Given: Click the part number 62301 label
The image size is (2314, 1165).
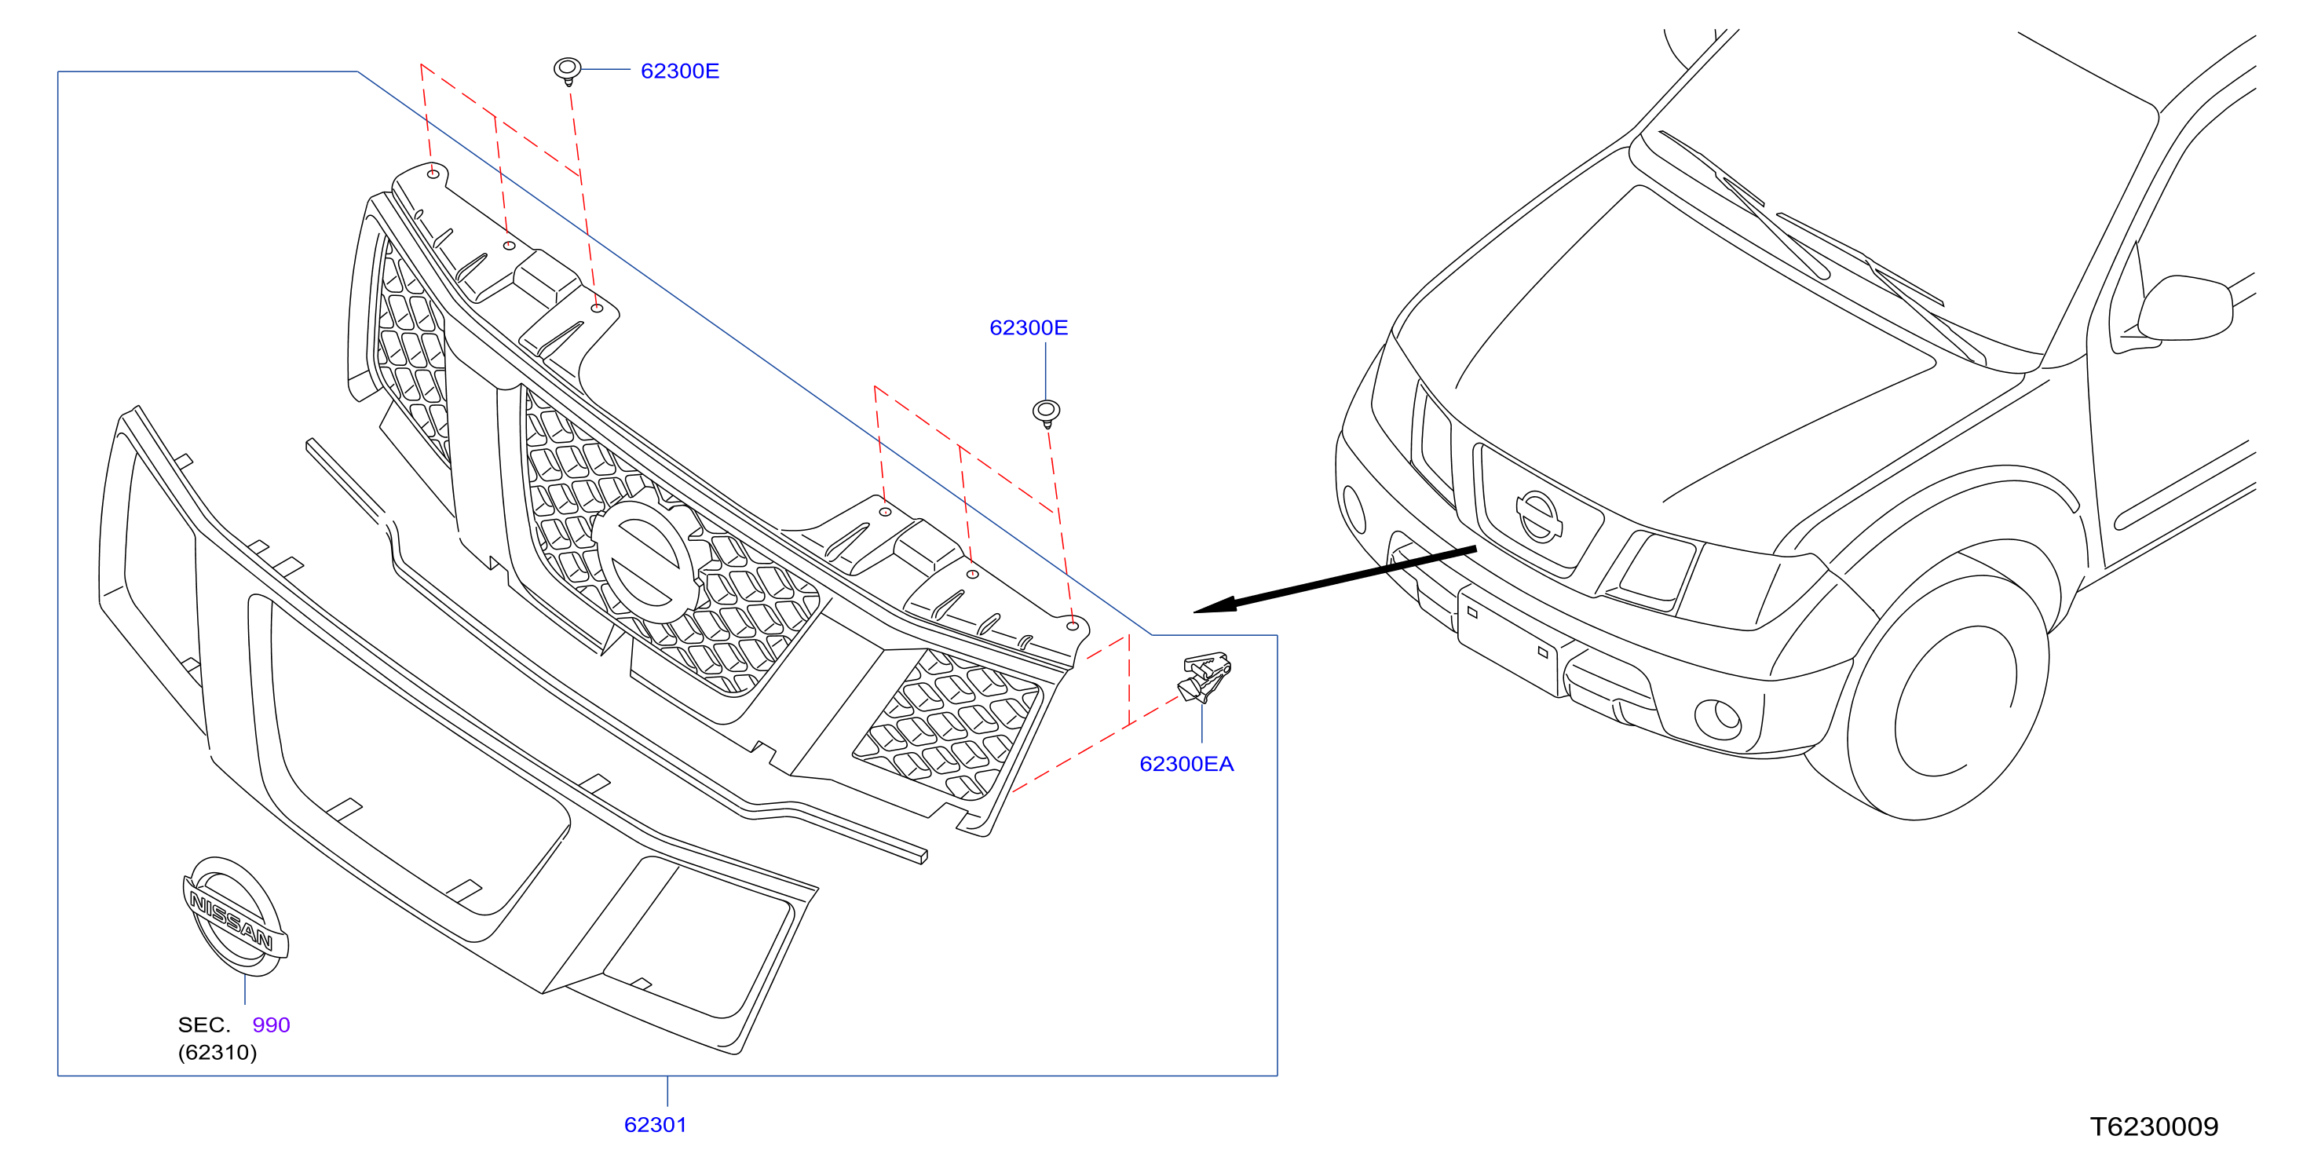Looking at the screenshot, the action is click(x=655, y=1125).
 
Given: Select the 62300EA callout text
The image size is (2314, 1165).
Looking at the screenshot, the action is click(x=1186, y=764).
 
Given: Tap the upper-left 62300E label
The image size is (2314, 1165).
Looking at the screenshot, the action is click(x=680, y=71).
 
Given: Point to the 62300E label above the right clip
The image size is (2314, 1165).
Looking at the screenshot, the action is click(x=1029, y=328).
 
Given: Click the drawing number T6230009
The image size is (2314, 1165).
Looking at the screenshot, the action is click(x=2153, y=1127).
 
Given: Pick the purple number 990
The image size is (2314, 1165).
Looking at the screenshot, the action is click(x=271, y=1025).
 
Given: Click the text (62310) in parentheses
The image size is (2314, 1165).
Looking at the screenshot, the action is click(x=218, y=1052).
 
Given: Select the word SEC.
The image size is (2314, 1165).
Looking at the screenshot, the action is click(x=204, y=1025).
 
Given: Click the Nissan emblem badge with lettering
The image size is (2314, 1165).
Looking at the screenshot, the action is click(x=236, y=916).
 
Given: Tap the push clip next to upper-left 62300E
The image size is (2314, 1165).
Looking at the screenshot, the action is click(x=567, y=70).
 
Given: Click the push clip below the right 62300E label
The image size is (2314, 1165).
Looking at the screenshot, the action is click(x=1046, y=413).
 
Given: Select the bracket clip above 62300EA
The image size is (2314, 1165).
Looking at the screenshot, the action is click(x=1205, y=677).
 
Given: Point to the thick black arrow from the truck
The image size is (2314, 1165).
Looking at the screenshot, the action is click(x=1335, y=579).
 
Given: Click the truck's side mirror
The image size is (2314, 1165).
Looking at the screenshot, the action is click(x=2184, y=308).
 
